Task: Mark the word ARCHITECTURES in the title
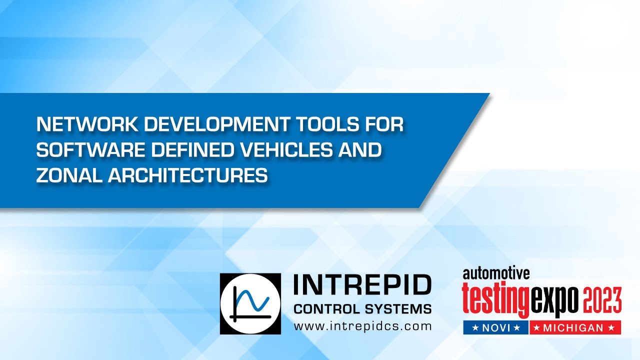(x=187, y=176)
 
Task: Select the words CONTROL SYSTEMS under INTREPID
(x=362, y=309)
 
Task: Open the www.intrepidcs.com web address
(x=362, y=326)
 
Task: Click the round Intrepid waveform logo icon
(x=250, y=303)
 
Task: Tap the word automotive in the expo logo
(x=495, y=273)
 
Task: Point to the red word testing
(x=495, y=298)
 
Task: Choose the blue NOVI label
(x=495, y=327)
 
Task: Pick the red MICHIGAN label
(x=575, y=327)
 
